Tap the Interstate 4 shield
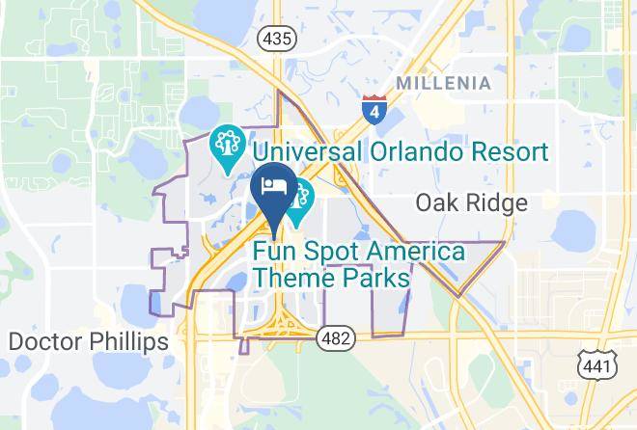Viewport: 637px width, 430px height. pyautogui.click(x=373, y=108)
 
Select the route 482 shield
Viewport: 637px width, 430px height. pyautogui.click(x=339, y=338)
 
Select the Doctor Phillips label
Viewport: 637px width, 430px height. pyautogui.click(x=88, y=341)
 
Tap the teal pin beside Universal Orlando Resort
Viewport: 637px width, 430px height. pyautogui.click(x=226, y=149)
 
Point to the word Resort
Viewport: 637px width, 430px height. pyautogui.click(x=505, y=151)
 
